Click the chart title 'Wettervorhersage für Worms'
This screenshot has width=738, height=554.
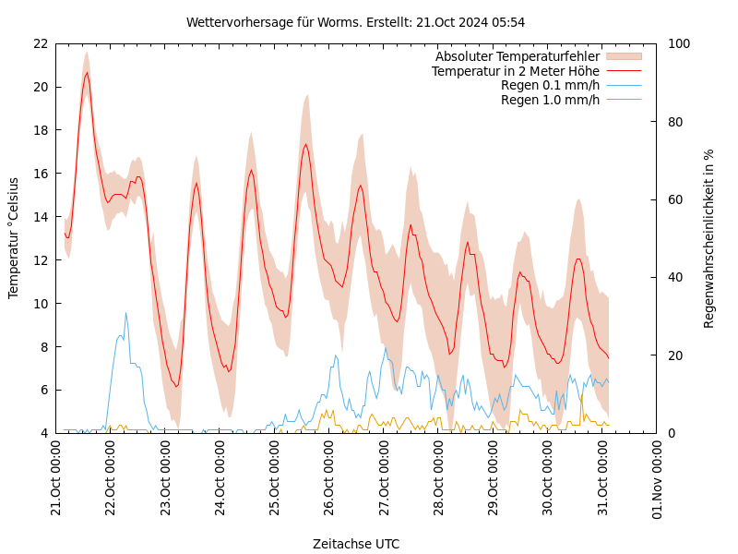(355, 22)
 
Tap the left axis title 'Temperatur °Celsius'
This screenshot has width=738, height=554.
(14, 237)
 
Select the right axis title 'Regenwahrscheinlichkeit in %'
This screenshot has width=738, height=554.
(709, 237)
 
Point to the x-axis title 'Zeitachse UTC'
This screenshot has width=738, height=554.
(356, 544)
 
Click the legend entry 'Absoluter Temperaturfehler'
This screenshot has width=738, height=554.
(517, 56)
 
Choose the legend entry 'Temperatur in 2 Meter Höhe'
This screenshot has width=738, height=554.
(515, 71)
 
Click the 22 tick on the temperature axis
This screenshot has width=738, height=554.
(40, 43)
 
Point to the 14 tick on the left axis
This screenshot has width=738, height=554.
(40, 217)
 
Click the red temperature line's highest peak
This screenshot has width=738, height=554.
(88, 73)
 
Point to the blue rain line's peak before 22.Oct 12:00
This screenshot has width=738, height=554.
(126, 313)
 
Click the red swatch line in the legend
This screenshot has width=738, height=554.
(623, 71)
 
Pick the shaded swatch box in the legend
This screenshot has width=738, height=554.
(623, 56)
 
